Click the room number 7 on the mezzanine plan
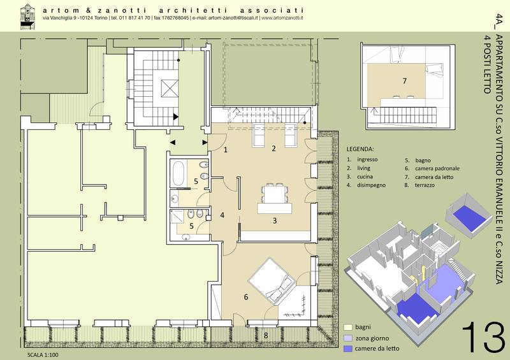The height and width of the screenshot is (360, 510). click(404, 81)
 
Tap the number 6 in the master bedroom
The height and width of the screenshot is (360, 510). click(246, 296)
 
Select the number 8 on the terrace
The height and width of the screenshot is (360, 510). click(266, 335)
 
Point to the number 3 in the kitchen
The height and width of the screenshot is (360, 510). click(275, 220)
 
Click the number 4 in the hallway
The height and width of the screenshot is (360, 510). click(222, 215)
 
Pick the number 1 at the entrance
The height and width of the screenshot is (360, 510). click(226, 150)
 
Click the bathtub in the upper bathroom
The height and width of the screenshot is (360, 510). click(178, 174)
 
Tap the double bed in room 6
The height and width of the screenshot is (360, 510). click(272, 282)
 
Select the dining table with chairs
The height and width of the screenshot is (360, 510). click(275, 195)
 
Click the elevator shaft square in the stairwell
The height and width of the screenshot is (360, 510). click(170, 88)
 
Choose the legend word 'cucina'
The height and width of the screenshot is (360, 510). click(365, 176)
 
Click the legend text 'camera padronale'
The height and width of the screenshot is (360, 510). click(437, 168)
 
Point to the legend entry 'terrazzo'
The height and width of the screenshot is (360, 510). click(425, 185)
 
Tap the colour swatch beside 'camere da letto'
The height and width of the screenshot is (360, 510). click(348, 349)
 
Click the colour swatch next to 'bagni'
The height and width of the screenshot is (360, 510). click(348, 327)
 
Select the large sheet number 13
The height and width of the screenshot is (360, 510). click(483, 337)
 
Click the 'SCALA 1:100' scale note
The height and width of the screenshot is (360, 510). click(43, 355)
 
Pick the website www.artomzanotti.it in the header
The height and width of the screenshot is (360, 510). click(282, 18)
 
